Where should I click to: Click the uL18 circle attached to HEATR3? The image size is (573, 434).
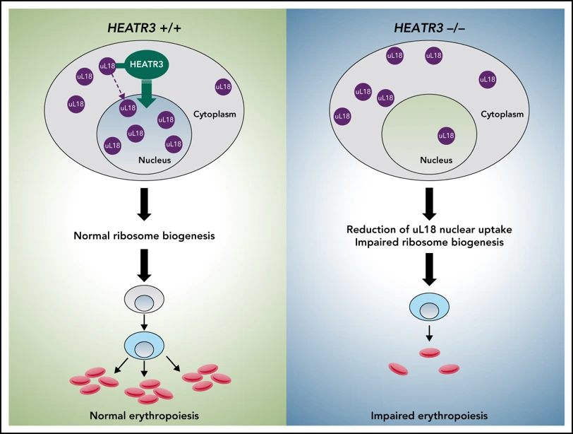point(108,66)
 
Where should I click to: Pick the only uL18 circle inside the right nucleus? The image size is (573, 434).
point(446,135)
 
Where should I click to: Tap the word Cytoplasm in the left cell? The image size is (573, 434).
point(215,113)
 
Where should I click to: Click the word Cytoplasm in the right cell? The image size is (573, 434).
point(502,113)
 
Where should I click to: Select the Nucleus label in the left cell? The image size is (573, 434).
point(155,160)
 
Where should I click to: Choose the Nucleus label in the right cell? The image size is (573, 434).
point(435,160)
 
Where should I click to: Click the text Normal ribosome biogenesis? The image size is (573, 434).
point(143,235)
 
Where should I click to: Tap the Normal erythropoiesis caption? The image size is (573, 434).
point(143,414)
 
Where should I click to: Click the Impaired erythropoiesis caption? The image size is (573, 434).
point(428,414)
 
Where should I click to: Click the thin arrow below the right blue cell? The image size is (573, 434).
point(428,332)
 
